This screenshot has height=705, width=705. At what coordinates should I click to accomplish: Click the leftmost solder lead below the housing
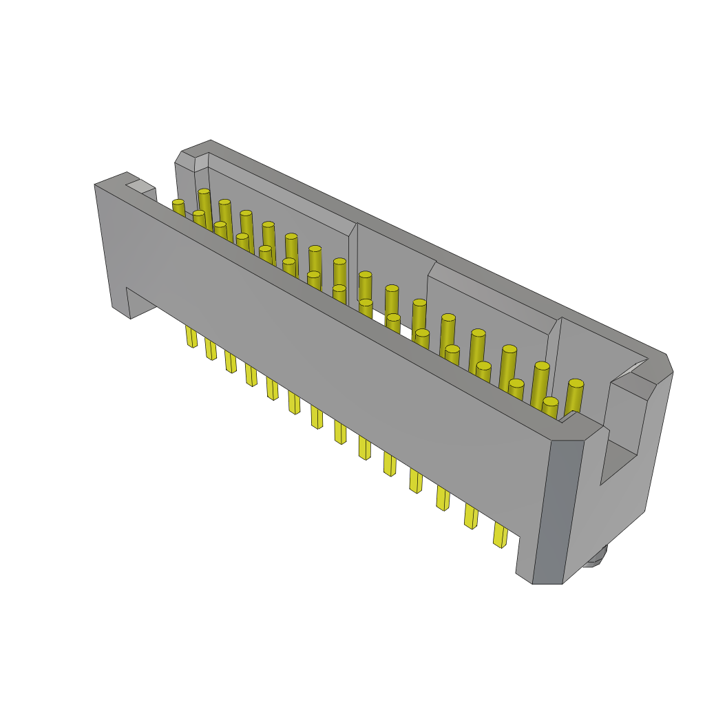[x=191, y=337]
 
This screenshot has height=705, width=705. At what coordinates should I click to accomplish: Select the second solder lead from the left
[x=211, y=349]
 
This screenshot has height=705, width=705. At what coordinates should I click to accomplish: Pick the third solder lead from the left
[x=231, y=361]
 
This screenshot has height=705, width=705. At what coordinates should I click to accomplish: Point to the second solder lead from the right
[x=471, y=516]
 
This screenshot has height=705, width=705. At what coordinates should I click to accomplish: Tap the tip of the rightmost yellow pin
[x=576, y=383]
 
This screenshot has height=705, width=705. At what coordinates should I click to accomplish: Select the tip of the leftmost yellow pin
[x=178, y=203]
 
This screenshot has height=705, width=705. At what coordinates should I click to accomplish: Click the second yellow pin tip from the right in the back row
[x=542, y=366]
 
